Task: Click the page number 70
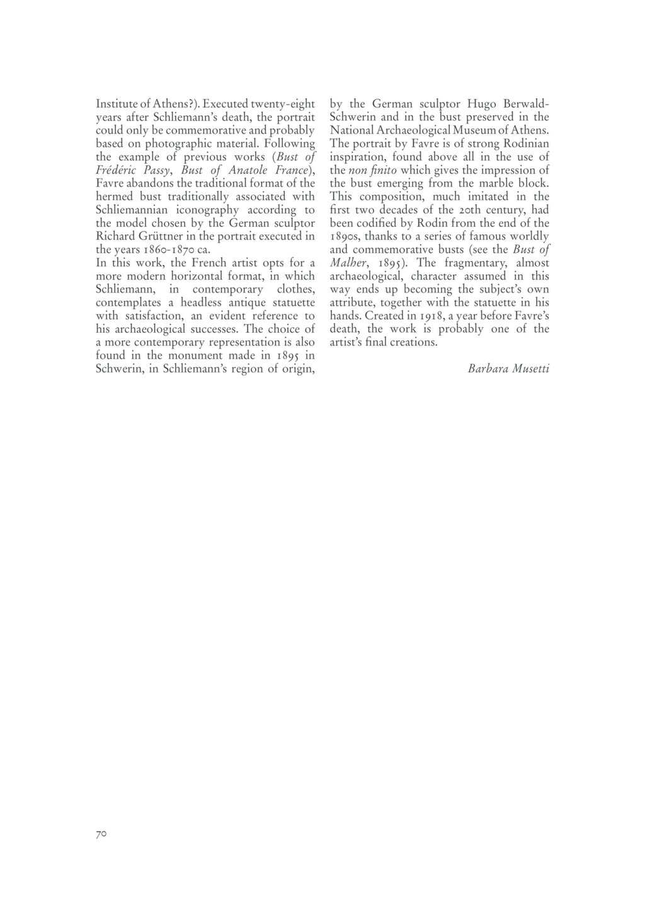coord(101,834)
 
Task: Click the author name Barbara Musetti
coord(508,369)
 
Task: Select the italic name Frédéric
coord(118,170)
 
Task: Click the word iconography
coord(201,210)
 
